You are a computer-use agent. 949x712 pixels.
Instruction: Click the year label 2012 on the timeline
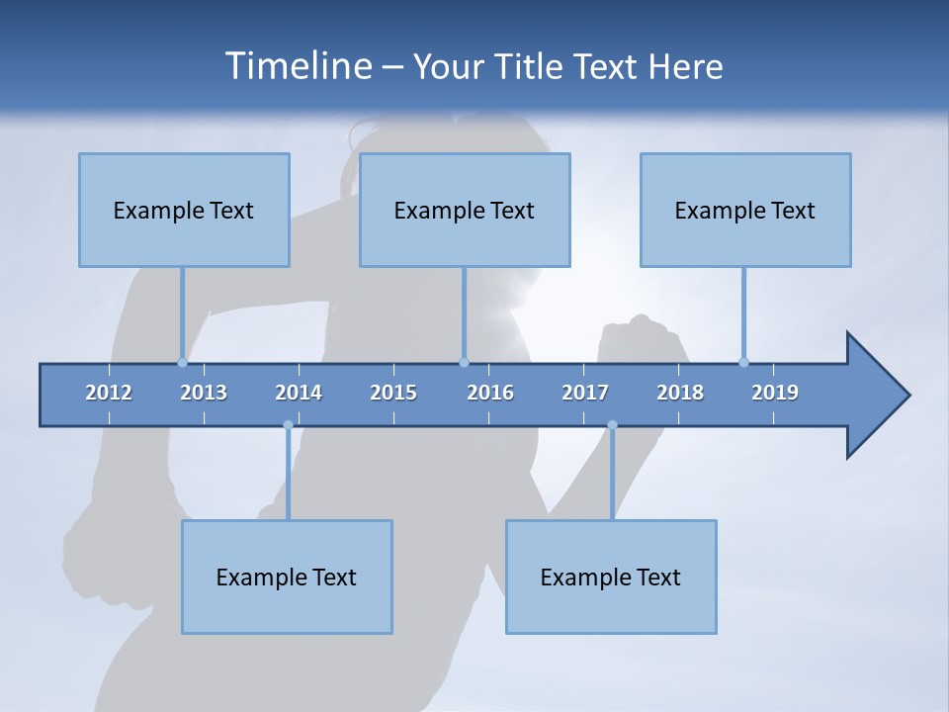click(x=109, y=393)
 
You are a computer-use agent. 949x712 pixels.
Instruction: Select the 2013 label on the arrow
click(x=204, y=393)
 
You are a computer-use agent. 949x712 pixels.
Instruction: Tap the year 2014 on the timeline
click(x=299, y=393)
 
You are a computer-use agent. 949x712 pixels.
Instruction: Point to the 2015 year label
click(x=393, y=393)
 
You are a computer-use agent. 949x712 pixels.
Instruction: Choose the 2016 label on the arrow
click(x=490, y=393)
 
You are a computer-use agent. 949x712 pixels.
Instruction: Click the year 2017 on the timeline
click(x=585, y=393)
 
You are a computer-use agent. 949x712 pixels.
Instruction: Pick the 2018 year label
click(x=680, y=393)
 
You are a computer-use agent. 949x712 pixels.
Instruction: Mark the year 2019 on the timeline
click(x=775, y=393)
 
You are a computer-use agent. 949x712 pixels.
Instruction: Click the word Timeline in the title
click(x=296, y=66)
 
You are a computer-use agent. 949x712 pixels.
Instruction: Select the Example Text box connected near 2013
click(x=184, y=210)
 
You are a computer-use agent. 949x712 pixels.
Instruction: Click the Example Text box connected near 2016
click(x=465, y=210)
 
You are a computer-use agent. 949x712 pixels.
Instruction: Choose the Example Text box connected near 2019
click(x=745, y=210)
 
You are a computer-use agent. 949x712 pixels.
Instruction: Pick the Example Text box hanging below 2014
click(x=287, y=577)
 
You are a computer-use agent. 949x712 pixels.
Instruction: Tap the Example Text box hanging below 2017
click(x=611, y=577)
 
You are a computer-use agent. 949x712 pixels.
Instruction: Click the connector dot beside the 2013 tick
click(x=182, y=362)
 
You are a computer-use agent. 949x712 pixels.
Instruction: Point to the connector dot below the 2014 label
click(x=288, y=425)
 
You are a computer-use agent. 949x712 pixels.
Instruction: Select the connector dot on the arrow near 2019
click(x=743, y=362)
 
